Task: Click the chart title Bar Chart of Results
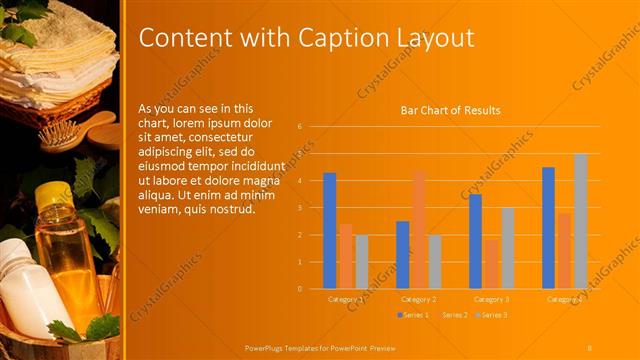(450, 110)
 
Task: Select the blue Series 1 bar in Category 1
(329, 230)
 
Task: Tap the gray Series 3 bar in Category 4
(581, 221)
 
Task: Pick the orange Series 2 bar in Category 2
(418, 229)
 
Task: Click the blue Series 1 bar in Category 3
(475, 241)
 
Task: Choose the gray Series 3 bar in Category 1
(362, 261)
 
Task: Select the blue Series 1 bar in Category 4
(548, 227)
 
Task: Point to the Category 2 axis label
(418, 299)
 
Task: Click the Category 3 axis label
(491, 299)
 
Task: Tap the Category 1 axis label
(345, 299)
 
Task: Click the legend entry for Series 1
(413, 315)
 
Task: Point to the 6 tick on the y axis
(299, 127)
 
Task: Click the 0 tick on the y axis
(299, 288)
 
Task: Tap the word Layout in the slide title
(430, 38)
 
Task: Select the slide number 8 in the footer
(590, 347)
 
